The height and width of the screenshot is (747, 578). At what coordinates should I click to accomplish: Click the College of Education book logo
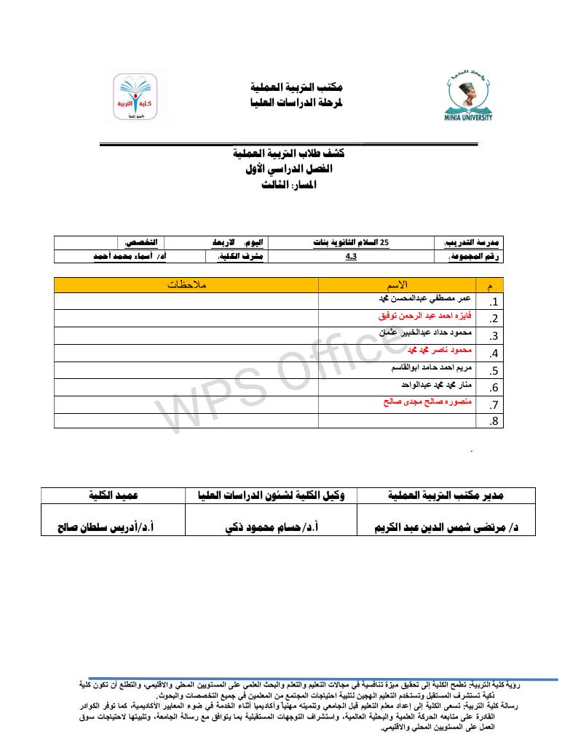(134, 99)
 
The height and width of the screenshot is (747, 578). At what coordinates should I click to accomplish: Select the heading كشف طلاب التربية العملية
(288, 154)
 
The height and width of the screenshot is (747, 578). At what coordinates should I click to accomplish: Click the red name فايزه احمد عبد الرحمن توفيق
(425, 317)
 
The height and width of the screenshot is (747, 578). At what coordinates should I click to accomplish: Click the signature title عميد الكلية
(114, 495)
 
